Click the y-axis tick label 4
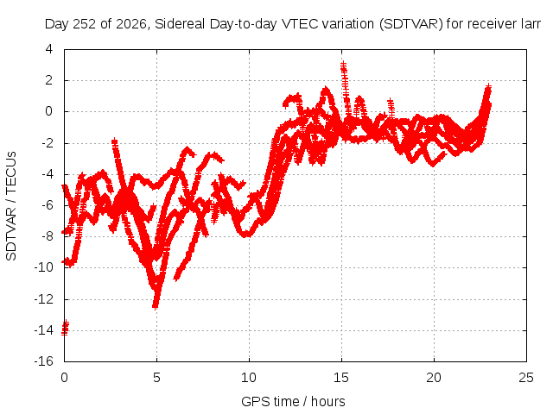(x=49, y=49)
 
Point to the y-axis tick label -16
(x=44, y=361)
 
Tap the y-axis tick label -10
(x=44, y=267)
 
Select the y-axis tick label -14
(x=44, y=330)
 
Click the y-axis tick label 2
(x=49, y=80)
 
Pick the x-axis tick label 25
(x=526, y=378)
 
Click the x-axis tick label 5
(x=156, y=378)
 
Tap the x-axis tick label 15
(x=341, y=378)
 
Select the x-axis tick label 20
(x=434, y=378)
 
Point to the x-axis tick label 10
(x=249, y=378)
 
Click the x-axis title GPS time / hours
(x=293, y=402)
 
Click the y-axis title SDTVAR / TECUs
(x=11, y=206)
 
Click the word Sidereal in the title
(x=180, y=24)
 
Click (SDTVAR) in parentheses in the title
(x=411, y=24)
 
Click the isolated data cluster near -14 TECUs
(x=66, y=328)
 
